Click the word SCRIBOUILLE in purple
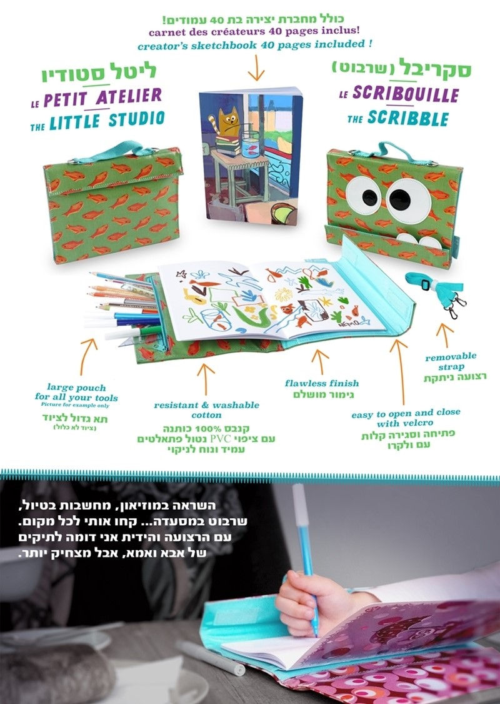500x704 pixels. click(406, 94)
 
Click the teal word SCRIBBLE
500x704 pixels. click(408, 118)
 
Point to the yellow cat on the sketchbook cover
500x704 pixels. click(227, 123)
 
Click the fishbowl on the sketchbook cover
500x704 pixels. click(251, 141)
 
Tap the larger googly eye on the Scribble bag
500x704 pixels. click(407, 200)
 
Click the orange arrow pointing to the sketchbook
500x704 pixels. click(256, 68)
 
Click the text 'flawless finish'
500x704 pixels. click(322, 383)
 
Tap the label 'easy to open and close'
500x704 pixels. click(406, 413)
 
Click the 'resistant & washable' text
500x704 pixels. click(206, 405)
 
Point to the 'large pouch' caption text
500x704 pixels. click(76, 388)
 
